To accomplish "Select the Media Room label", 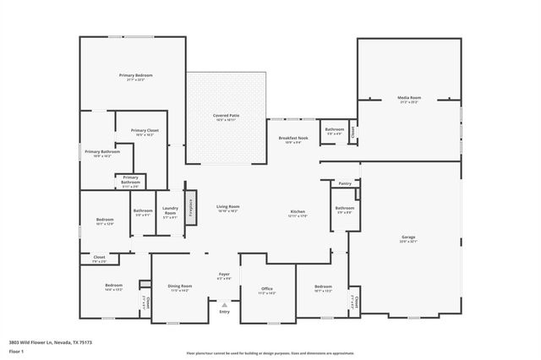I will (x=409, y=99).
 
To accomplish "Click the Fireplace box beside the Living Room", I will (x=191, y=205).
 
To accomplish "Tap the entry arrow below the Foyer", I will (x=224, y=304).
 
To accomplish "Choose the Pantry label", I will (x=344, y=183).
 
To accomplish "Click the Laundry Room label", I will (x=170, y=210).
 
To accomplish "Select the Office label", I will (x=267, y=289).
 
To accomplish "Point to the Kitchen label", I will (x=298, y=211).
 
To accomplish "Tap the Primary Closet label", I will (x=145, y=130).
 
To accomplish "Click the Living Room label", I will (x=228, y=206).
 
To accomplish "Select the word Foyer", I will (x=224, y=274).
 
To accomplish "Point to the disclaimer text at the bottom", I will (x=270, y=352).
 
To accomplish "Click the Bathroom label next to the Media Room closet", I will (x=334, y=129).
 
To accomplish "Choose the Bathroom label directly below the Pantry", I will (x=344, y=208).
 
